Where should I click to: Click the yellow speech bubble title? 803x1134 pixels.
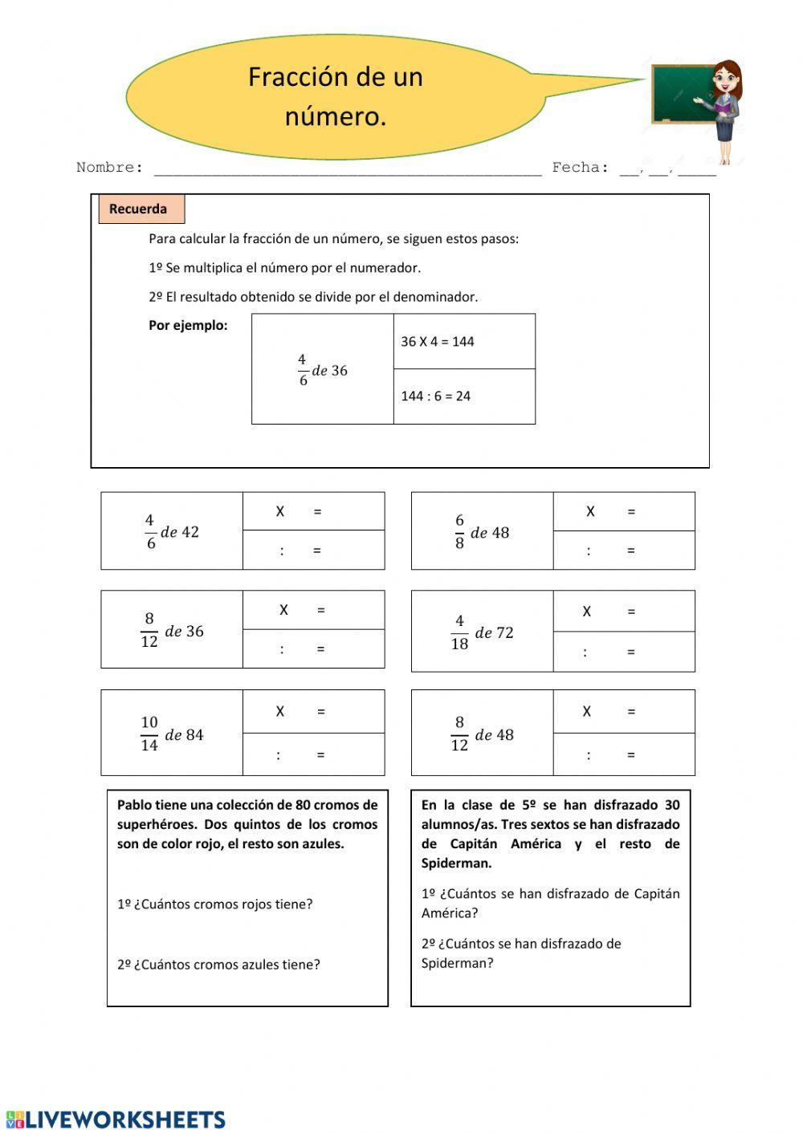[x=335, y=96]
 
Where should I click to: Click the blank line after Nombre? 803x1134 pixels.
[x=347, y=168]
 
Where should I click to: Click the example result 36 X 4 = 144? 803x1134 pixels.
[x=438, y=342]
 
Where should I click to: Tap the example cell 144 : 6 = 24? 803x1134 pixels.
[x=436, y=396]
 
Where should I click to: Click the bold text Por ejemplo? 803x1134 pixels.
[x=188, y=326]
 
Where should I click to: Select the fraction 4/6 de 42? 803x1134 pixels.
[x=172, y=532]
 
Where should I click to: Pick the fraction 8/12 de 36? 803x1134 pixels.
[x=172, y=631]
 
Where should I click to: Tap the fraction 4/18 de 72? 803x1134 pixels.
[x=482, y=632]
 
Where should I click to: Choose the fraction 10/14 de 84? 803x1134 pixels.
[x=172, y=734]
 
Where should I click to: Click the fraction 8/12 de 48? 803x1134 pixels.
[x=482, y=734]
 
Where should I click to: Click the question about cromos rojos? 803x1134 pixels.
[x=214, y=904]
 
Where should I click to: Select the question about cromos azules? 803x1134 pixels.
[x=218, y=965]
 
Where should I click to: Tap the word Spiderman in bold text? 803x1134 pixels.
[x=456, y=864]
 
